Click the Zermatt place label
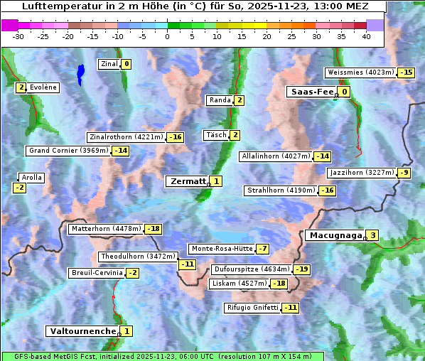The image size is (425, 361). click(187, 181)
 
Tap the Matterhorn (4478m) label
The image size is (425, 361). click(105, 229)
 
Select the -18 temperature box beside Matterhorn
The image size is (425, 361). click(153, 229)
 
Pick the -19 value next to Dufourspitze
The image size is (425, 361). click(302, 269)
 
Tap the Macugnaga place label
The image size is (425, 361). click(334, 235)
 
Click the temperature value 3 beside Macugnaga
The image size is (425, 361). click(372, 235)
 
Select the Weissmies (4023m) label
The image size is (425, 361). click(360, 72)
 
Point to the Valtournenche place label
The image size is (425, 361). click(82, 331)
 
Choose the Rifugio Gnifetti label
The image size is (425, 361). click(252, 308)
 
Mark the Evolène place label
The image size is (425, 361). click(43, 87)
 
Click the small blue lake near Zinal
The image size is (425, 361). click(80, 72)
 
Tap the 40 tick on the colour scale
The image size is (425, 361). click(366, 36)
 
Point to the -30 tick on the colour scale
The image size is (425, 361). click(18, 36)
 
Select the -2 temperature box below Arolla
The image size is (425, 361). click(19, 188)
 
